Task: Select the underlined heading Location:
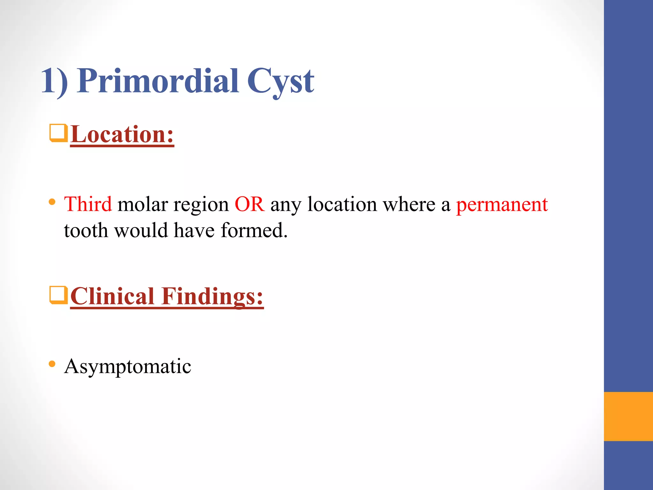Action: (x=122, y=135)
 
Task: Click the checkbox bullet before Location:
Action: (x=58, y=133)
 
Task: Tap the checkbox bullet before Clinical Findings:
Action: (x=58, y=295)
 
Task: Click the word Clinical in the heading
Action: (x=113, y=296)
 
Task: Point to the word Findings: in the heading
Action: (x=212, y=296)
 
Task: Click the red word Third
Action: (x=88, y=204)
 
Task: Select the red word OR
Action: (x=249, y=204)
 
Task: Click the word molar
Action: (x=143, y=204)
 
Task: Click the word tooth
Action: (x=86, y=230)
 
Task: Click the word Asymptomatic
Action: (x=128, y=366)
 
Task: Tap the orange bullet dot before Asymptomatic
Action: (x=52, y=364)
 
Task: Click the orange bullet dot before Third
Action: (x=52, y=202)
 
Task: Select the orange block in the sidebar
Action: (x=628, y=416)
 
